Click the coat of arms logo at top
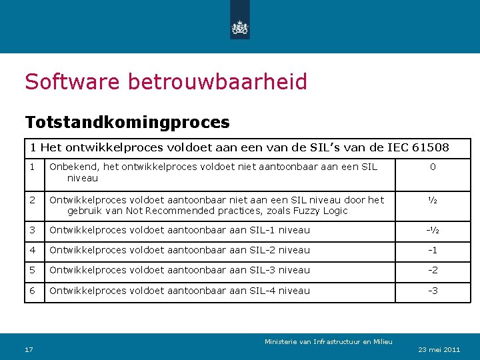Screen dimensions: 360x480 [239, 27]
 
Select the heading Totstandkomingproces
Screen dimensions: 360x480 [127, 123]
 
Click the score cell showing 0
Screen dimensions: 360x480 [433, 167]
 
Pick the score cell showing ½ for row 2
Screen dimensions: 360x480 [433, 200]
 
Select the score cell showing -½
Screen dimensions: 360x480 [433, 230]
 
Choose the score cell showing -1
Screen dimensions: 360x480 [433, 250]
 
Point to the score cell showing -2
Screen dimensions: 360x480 [433, 270]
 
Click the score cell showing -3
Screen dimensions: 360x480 [433, 291]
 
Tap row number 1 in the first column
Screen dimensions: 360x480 [31, 167]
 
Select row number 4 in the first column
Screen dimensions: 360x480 [32, 250]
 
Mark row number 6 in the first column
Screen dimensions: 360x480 [32, 291]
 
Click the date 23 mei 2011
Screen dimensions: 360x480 [439, 350]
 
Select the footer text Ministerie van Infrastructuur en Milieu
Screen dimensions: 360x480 [329, 342]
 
